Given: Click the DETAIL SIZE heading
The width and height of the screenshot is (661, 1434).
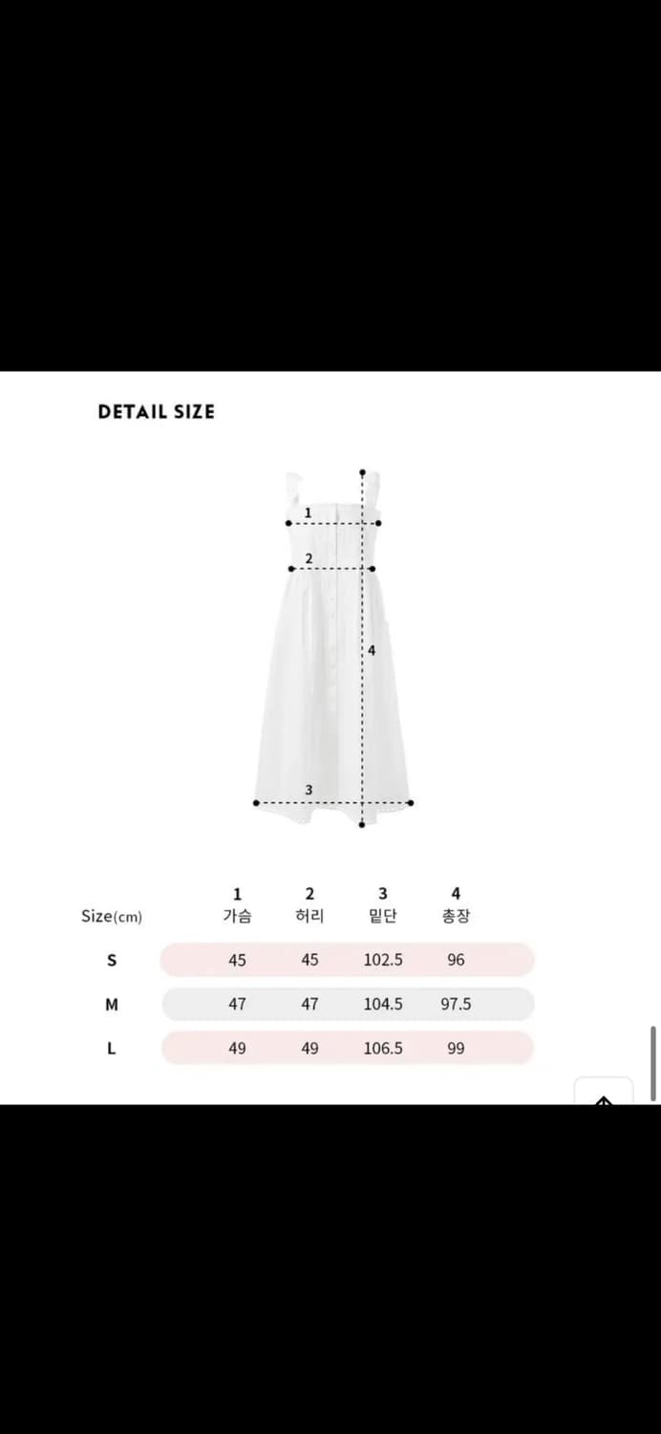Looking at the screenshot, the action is pyautogui.click(x=156, y=412).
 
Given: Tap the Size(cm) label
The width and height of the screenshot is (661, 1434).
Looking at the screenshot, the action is pyautogui.click(x=112, y=916).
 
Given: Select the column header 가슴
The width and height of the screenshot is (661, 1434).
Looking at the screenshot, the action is pyautogui.click(x=237, y=916).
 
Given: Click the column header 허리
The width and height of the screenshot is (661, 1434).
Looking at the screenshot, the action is pyautogui.click(x=309, y=916).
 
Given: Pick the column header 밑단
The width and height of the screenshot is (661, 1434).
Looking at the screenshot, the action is pyautogui.click(x=383, y=916).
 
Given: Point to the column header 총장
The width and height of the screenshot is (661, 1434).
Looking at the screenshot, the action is pyautogui.click(x=456, y=916).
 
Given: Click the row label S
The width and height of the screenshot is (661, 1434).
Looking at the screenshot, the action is pyautogui.click(x=112, y=960).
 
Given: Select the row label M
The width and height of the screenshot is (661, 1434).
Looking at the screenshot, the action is pyautogui.click(x=112, y=1005).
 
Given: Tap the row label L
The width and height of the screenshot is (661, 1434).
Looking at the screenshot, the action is pyautogui.click(x=112, y=1048).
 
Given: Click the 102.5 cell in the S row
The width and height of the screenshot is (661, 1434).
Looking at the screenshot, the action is pyautogui.click(x=383, y=960).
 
